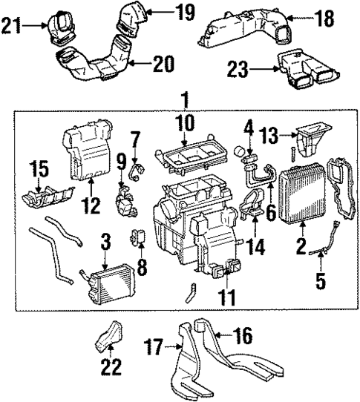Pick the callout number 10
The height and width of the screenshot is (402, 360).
(186, 122)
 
